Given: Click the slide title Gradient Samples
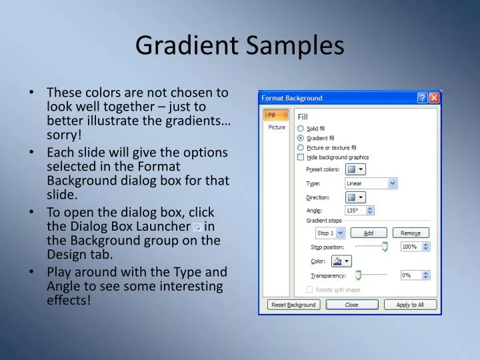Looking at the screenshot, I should click(239, 45).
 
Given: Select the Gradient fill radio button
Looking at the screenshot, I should click(301, 137).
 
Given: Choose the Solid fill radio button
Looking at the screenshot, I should click(301, 128).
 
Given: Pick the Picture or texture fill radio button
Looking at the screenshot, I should click(301, 147).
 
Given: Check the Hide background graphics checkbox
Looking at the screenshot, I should click(301, 157).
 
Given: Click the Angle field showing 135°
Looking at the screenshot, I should click(357, 210).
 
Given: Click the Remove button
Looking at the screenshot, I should click(411, 233).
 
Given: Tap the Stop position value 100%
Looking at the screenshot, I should click(410, 247).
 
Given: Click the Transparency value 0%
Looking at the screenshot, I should click(410, 275).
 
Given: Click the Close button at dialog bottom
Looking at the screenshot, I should click(351, 305).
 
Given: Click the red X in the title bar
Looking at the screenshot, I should click(434, 98).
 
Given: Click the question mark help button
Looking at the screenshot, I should click(422, 98).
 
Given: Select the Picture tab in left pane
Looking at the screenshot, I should click(277, 127).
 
